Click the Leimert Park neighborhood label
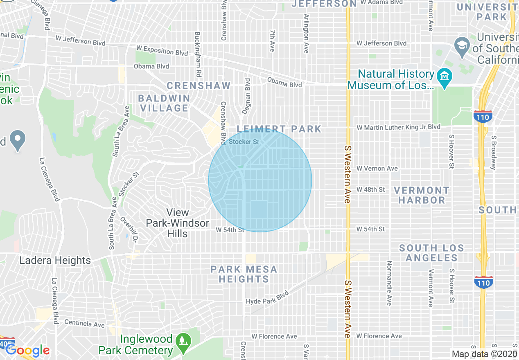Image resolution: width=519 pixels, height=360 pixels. [x=279, y=129]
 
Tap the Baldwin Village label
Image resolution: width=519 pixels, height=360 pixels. [x=164, y=103]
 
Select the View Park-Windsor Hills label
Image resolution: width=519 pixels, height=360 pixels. [x=178, y=223]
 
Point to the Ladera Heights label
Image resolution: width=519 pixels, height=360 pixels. [x=55, y=261]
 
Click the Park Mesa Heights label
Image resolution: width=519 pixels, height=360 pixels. [x=244, y=274]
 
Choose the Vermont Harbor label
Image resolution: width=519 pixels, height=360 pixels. [x=422, y=195]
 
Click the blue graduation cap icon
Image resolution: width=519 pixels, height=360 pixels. [x=462, y=44]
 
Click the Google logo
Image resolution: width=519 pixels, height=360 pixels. [x=27, y=351]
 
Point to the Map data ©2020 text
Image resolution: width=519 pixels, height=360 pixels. [x=485, y=354]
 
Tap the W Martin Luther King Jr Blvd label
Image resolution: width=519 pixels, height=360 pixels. [x=398, y=127]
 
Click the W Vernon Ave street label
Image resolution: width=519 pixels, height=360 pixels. [x=377, y=169]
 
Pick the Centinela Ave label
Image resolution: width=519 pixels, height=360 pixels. [x=84, y=324]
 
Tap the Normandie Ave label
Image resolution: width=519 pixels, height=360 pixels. [x=389, y=283]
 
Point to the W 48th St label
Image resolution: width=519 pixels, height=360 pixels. [x=370, y=190]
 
